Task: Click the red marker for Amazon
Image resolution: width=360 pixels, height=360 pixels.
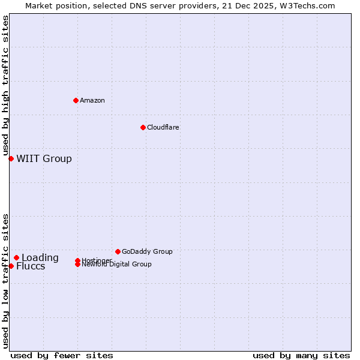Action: click(76, 100)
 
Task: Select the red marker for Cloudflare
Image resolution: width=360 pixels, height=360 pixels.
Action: click(143, 127)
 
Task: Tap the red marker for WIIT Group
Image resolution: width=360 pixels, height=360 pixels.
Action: click(11, 158)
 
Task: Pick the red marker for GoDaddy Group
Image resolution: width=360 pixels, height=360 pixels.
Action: click(118, 251)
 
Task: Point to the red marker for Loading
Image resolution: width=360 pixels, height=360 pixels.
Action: click(16, 257)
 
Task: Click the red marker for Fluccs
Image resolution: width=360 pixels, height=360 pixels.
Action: click(11, 266)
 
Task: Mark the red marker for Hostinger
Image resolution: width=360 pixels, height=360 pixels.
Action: click(77, 260)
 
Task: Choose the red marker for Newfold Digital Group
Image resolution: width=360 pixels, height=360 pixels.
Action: click(77, 265)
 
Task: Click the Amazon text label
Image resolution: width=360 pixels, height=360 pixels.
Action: click(92, 100)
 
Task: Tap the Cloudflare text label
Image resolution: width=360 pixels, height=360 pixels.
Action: click(163, 127)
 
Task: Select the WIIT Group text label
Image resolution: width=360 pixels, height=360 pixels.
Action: click(44, 158)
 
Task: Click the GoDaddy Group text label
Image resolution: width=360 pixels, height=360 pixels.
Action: click(147, 251)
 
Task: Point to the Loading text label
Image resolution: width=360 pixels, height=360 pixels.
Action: click(40, 257)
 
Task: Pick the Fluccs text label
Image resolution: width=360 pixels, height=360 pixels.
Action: click(31, 266)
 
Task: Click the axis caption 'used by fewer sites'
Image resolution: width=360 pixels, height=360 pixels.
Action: click(62, 355)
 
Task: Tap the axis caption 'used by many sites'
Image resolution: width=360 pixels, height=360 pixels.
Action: click(301, 355)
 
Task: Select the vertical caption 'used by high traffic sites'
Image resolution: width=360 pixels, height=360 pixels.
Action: click(5, 86)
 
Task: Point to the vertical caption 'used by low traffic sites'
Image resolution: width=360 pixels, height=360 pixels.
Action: click(5, 280)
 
